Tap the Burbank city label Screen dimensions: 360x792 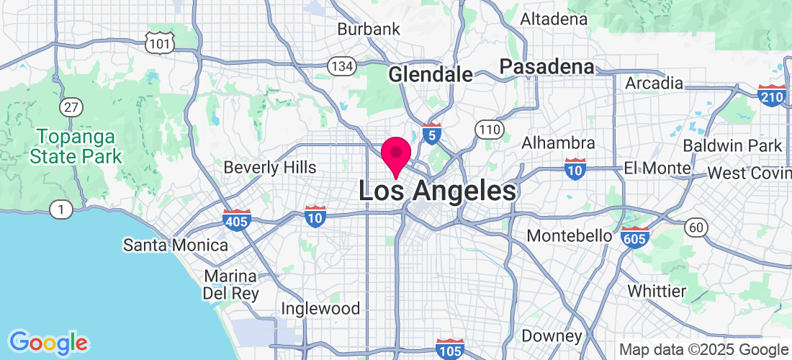pyautogui.click(x=369, y=30)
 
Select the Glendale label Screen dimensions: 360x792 pyautogui.click(x=431, y=74)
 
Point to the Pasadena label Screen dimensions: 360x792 pyautogui.click(x=547, y=67)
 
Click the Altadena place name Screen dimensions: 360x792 pyautogui.click(x=554, y=19)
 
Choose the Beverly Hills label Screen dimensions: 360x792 pyautogui.click(x=270, y=167)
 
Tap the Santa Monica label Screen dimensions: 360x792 pyautogui.click(x=176, y=245)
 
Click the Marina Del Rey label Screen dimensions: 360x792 pyautogui.click(x=230, y=285)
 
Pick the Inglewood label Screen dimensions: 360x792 pyautogui.click(x=320, y=308)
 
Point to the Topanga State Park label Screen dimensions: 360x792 pyautogui.click(x=80, y=145)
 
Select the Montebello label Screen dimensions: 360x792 pyautogui.click(x=570, y=235)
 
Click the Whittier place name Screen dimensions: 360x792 pyautogui.click(x=657, y=291)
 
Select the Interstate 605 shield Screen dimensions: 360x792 pyautogui.click(x=634, y=238)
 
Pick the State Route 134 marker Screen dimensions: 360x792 pyautogui.click(x=341, y=66)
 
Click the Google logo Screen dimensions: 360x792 pyautogui.click(x=48, y=342)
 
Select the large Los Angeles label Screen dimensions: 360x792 pyautogui.click(x=437, y=192)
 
